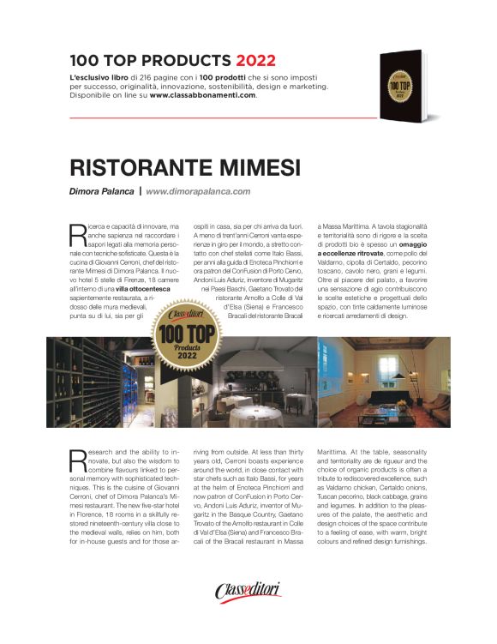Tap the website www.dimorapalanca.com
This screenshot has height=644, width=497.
click(x=198, y=191)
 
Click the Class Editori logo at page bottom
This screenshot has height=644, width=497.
click(x=248, y=591)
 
